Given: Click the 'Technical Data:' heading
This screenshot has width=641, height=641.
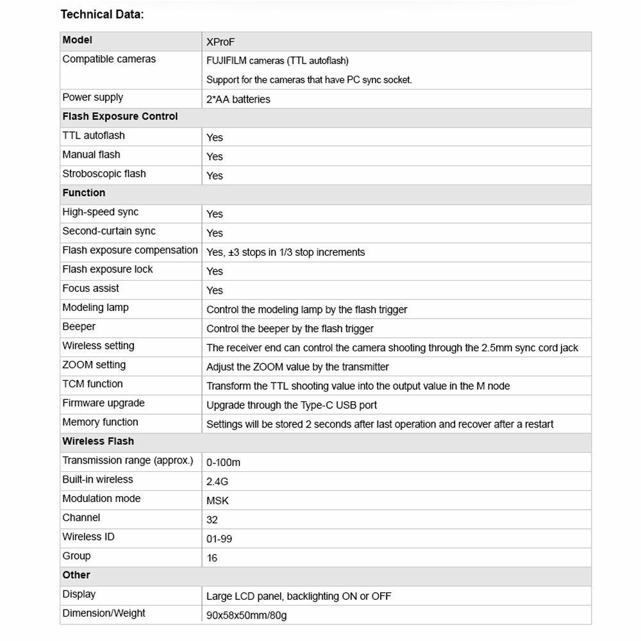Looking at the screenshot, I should tap(102, 14).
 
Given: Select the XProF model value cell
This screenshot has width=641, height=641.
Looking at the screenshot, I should tap(221, 42).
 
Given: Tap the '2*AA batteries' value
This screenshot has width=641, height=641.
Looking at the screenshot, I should tap(238, 99).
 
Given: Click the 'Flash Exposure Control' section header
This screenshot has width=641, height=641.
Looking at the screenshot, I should tap(120, 117).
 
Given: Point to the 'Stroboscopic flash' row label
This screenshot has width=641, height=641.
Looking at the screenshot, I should tap(104, 174).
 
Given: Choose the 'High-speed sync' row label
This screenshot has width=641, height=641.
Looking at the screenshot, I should tap(100, 212).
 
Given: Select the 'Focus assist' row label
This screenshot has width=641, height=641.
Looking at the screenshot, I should tap(90, 288).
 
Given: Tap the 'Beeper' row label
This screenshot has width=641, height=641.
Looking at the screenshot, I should tap(79, 327).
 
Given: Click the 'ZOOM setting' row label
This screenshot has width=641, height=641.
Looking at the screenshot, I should tap(94, 365).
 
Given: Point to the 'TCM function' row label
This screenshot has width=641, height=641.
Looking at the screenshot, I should tap(92, 384).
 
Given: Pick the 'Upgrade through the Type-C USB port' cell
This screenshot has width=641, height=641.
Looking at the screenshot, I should tap(291, 405).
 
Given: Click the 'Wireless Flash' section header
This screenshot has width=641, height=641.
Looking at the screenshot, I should tap(98, 442).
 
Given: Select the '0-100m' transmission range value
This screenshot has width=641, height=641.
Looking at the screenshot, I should tap(223, 462).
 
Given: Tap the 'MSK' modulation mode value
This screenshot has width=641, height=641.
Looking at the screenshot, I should tap(217, 501).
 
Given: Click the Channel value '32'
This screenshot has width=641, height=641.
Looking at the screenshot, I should tap(212, 520).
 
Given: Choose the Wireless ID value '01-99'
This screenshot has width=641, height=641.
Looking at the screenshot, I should tap(219, 539).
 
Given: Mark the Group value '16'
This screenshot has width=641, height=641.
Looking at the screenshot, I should tap(212, 558).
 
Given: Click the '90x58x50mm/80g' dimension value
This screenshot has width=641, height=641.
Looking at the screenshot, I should tap(246, 615).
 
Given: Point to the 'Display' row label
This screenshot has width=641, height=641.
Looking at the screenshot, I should tap(79, 594).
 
